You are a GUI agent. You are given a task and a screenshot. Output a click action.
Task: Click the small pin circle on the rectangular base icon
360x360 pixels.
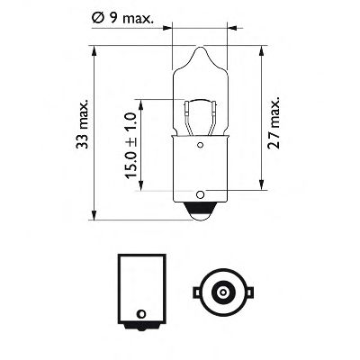coord(139,314)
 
